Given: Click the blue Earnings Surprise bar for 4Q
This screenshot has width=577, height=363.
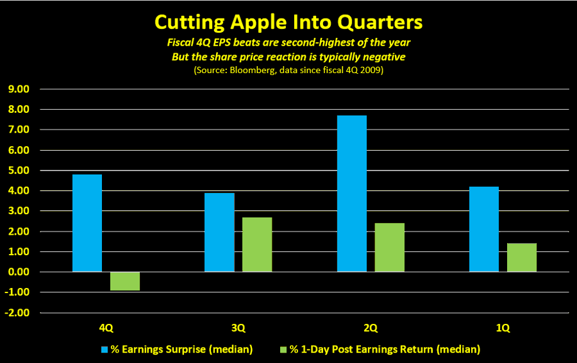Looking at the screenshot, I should click(x=87, y=223).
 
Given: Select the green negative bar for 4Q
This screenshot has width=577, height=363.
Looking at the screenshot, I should click(x=125, y=282).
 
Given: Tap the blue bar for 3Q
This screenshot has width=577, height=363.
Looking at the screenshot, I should click(x=219, y=232).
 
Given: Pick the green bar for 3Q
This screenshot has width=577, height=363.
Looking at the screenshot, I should click(x=257, y=244).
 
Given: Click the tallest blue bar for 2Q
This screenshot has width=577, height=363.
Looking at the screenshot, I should click(x=352, y=194).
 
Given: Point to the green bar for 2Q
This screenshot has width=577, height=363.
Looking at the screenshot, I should click(x=390, y=248).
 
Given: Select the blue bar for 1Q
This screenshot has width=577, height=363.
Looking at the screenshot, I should click(x=484, y=229).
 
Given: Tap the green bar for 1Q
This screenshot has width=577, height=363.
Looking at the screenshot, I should click(x=522, y=258).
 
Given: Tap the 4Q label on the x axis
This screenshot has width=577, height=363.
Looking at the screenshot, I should click(x=106, y=328).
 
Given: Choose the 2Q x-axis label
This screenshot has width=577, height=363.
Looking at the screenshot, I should click(x=371, y=328).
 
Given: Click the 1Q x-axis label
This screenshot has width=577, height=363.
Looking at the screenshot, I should click(x=503, y=328).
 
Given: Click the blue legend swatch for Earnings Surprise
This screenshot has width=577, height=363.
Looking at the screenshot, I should click(x=105, y=350).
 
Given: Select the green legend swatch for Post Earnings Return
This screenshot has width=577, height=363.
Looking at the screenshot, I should click(x=284, y=350).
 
